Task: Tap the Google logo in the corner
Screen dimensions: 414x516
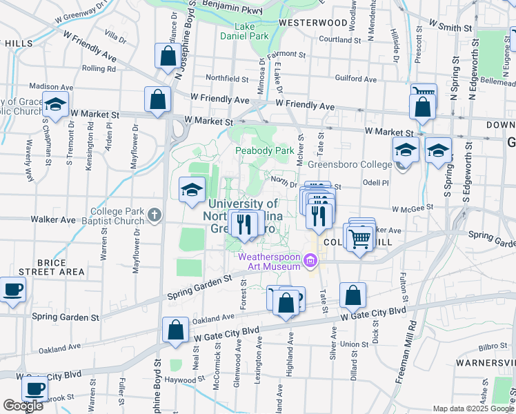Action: coord(23,406)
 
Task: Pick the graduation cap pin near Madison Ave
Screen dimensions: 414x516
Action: coord(56,107)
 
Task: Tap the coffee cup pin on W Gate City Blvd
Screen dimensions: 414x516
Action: coord(34,388)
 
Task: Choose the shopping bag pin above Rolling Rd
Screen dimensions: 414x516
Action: coord(168,57)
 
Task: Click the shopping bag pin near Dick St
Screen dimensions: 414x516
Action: coord(353,296)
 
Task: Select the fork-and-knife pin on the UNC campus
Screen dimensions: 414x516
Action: coord(243,225)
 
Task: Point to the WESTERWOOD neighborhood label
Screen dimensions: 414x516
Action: coord(313,22)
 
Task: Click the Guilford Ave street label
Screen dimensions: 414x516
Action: coord(355,79)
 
